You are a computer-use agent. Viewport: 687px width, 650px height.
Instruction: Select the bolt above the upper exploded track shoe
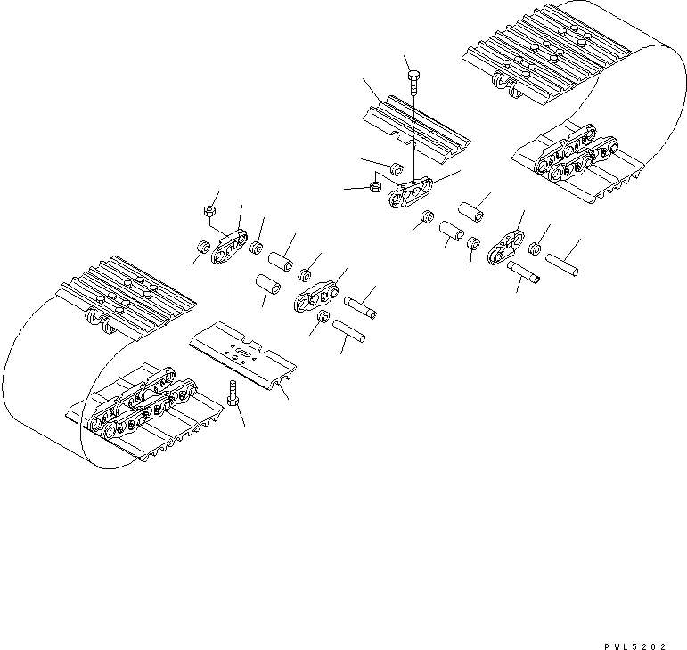point(413,85)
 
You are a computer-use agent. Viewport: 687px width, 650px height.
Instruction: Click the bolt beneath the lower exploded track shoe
point(233,397)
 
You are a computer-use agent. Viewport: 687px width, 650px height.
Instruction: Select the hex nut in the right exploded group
point(375,187)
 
